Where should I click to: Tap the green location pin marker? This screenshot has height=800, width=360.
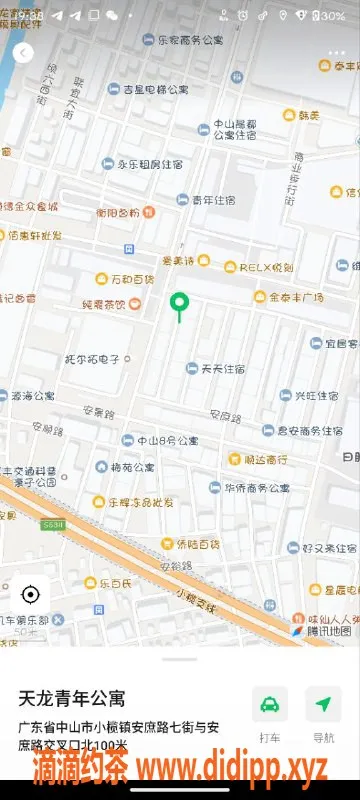tap(180, 302)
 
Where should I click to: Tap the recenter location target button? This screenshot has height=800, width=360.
tap(30, 595)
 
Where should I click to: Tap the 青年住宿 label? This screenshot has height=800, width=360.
tap(213, 200)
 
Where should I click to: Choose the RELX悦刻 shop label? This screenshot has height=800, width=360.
tap(265, 267)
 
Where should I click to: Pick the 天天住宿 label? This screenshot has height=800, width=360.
tap(223, 368)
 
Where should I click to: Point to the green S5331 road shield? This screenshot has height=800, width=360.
tap(53, 525)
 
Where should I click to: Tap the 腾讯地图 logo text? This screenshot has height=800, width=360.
tap(328, 631)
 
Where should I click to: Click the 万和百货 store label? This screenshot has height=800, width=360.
tap(131, 278)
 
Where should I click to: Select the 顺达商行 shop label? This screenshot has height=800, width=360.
tap(264, 460)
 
